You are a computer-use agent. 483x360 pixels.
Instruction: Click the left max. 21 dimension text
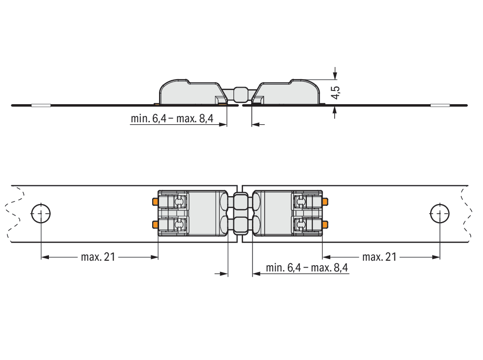click(x=98, y=257)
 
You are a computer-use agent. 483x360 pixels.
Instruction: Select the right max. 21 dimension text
click(x=379, y=257)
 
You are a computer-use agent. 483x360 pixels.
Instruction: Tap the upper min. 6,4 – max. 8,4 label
click(x=172, y=118)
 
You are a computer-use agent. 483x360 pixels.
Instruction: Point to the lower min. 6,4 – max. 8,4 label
click(x=307, y=268)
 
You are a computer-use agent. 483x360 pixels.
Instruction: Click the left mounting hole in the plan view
click(x=41, y=213)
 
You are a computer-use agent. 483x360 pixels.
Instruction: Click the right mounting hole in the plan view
click(x=439, y=213)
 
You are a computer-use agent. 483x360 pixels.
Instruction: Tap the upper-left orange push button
click(x=155, y=202)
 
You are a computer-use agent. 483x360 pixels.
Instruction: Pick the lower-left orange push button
click(x=155, y=225)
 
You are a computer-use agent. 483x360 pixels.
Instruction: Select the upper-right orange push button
click(x=325, y=202)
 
